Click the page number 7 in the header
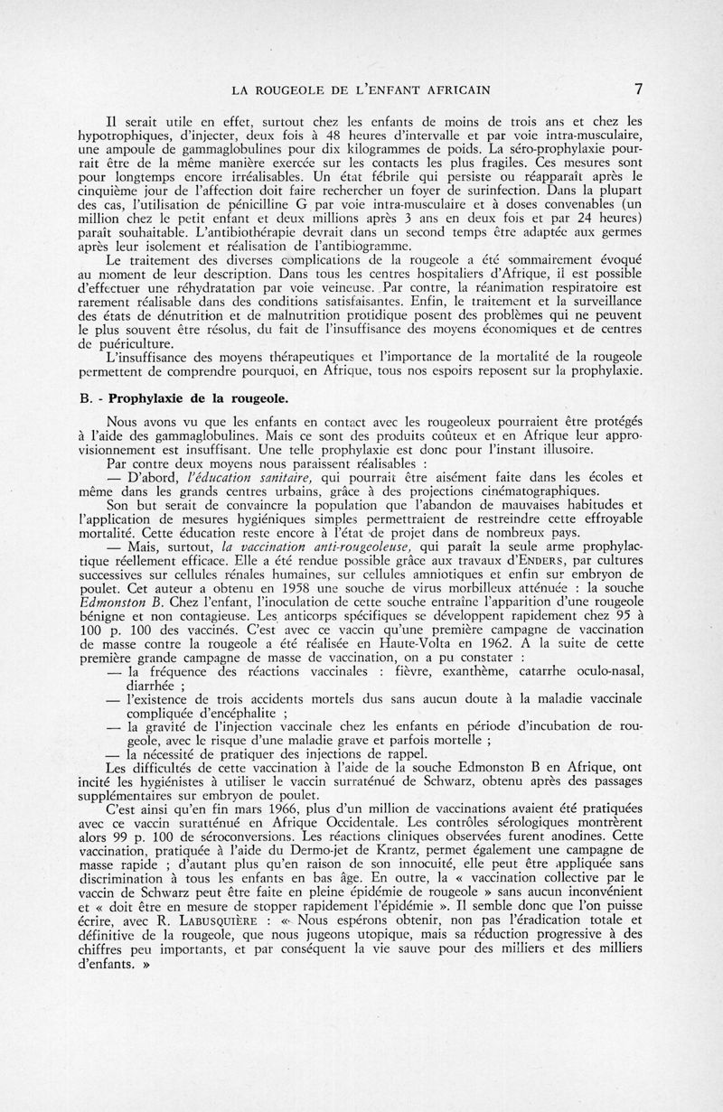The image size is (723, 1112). click(x=638, y=88)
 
